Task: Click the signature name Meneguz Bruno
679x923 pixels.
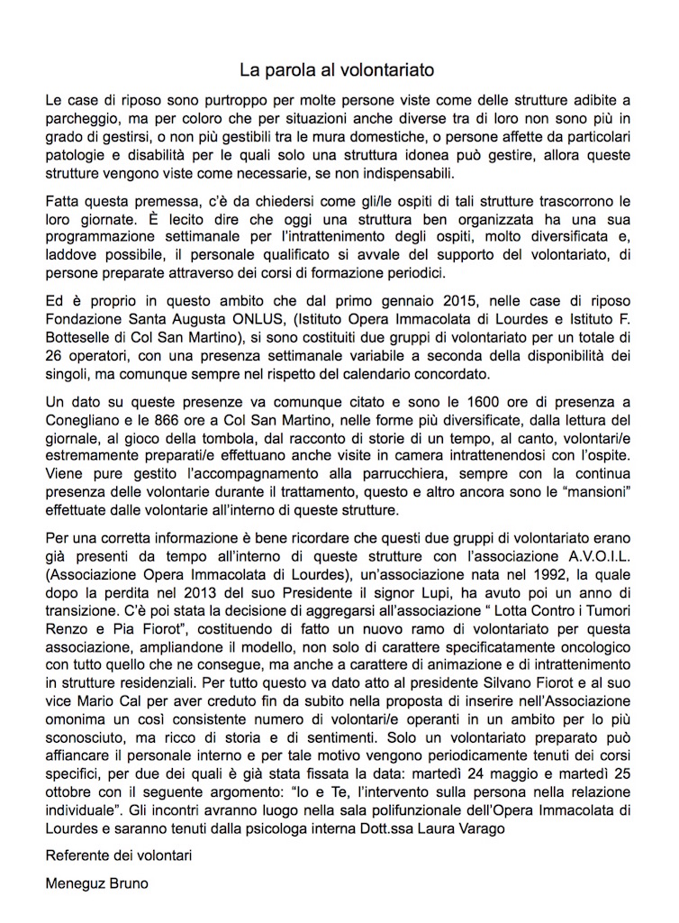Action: [x=97, y=884]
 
